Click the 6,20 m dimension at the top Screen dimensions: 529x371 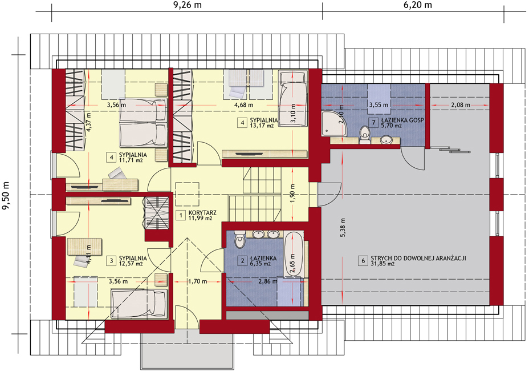418,5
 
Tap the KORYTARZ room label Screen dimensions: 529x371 202,213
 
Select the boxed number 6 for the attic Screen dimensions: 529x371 363,261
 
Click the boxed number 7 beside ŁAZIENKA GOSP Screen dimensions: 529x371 373,123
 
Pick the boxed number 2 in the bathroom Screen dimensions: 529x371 242,261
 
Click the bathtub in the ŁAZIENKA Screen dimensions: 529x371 294,255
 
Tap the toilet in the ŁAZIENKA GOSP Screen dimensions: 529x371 365,135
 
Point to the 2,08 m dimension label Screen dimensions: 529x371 460,105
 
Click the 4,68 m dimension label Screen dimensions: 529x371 243,105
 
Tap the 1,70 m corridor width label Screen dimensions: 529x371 197,281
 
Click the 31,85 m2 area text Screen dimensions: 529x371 382,264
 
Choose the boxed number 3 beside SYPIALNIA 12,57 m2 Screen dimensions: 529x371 111,261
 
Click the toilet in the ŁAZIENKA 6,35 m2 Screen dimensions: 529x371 239,239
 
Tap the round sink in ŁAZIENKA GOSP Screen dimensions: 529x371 386,139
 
